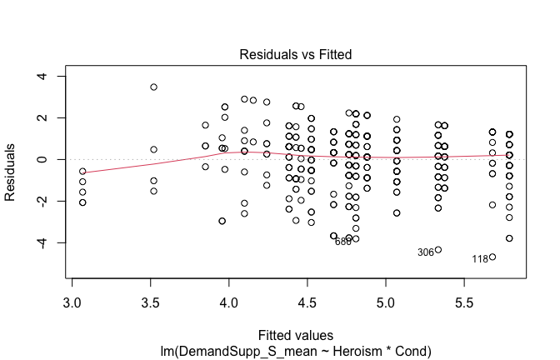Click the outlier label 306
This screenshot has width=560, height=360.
pyautogui.click(x=425, y=252)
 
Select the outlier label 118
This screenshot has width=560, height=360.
pyautogui.click(x=479, y=259)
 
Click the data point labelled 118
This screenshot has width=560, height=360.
pyautogui.click(x=492, y=257)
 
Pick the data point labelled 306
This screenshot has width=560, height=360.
pyautogui.click(x=438, y=250)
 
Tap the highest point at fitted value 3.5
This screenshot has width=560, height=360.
pyautogui.click(x=153, y=87)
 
